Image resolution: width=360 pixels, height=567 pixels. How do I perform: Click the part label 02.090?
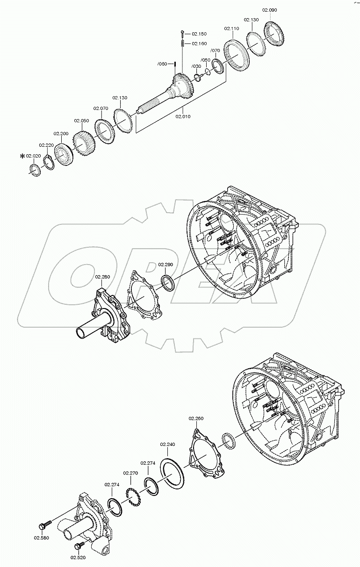[x=269, y=10]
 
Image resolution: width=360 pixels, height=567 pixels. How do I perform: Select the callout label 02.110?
[x=231, y=29]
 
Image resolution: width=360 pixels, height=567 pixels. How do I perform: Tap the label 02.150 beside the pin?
[x=199, y=34]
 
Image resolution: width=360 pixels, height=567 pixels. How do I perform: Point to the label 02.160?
[x=199, y=43]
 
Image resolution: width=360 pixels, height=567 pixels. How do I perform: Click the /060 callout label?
[x=162, y=64]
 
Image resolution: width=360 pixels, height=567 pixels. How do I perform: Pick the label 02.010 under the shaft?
[x=184, y=116]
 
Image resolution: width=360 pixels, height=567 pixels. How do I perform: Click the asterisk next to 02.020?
[x=22, y=156]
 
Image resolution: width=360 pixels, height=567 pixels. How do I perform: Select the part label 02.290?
[x=165, y=265]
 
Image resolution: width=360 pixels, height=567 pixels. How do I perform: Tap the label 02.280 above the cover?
[x=103, y=277]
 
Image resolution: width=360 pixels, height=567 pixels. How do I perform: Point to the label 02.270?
[x=130, y=473]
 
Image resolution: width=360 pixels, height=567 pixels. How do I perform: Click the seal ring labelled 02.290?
[x=167, y=282]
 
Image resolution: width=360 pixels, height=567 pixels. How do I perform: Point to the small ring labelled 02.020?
[x=34, y=170]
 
